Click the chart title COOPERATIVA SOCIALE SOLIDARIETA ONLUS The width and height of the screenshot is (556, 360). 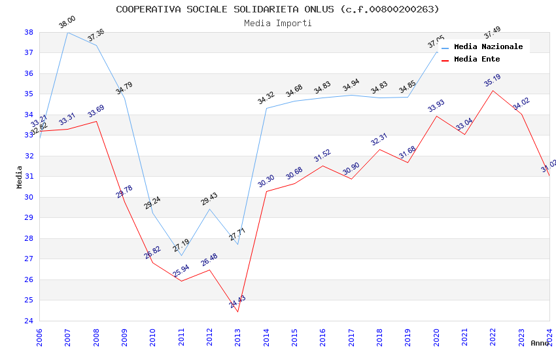pyautogui.click(x=277, y=9)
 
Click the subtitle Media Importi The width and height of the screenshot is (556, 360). pyautogui.click(x=277, y=23)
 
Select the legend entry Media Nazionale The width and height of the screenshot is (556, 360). pyautogui.click(x=488, y=46)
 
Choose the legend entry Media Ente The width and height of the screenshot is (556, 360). pyautogui.click(x=476, y=59)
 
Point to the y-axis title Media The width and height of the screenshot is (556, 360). pyautogui.click(x=19, y=176)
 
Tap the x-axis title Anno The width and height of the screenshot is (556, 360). pyautogui.click(x=540, y=343)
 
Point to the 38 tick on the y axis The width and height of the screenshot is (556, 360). pyautogui.click(x=29, y=32)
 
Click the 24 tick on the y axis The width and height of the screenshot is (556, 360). pyautogui.click(x=29, y=321)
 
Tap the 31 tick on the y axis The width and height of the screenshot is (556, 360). pyautogui.click(x=29, y=177)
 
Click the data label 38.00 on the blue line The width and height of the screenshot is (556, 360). pyautogui.click(x=67, y=22)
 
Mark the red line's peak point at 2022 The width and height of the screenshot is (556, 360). pyautogui.click(x=493, y=90)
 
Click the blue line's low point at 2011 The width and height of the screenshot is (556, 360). pyautogui.click(x=181, y=255)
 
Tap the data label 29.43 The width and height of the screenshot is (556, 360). pyautogui.click(x=209, y=199)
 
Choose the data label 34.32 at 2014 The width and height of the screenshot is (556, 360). pyautogui.click(x=266, y=98)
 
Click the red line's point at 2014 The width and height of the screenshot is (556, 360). pyautogui.click(x=266, y=191)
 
